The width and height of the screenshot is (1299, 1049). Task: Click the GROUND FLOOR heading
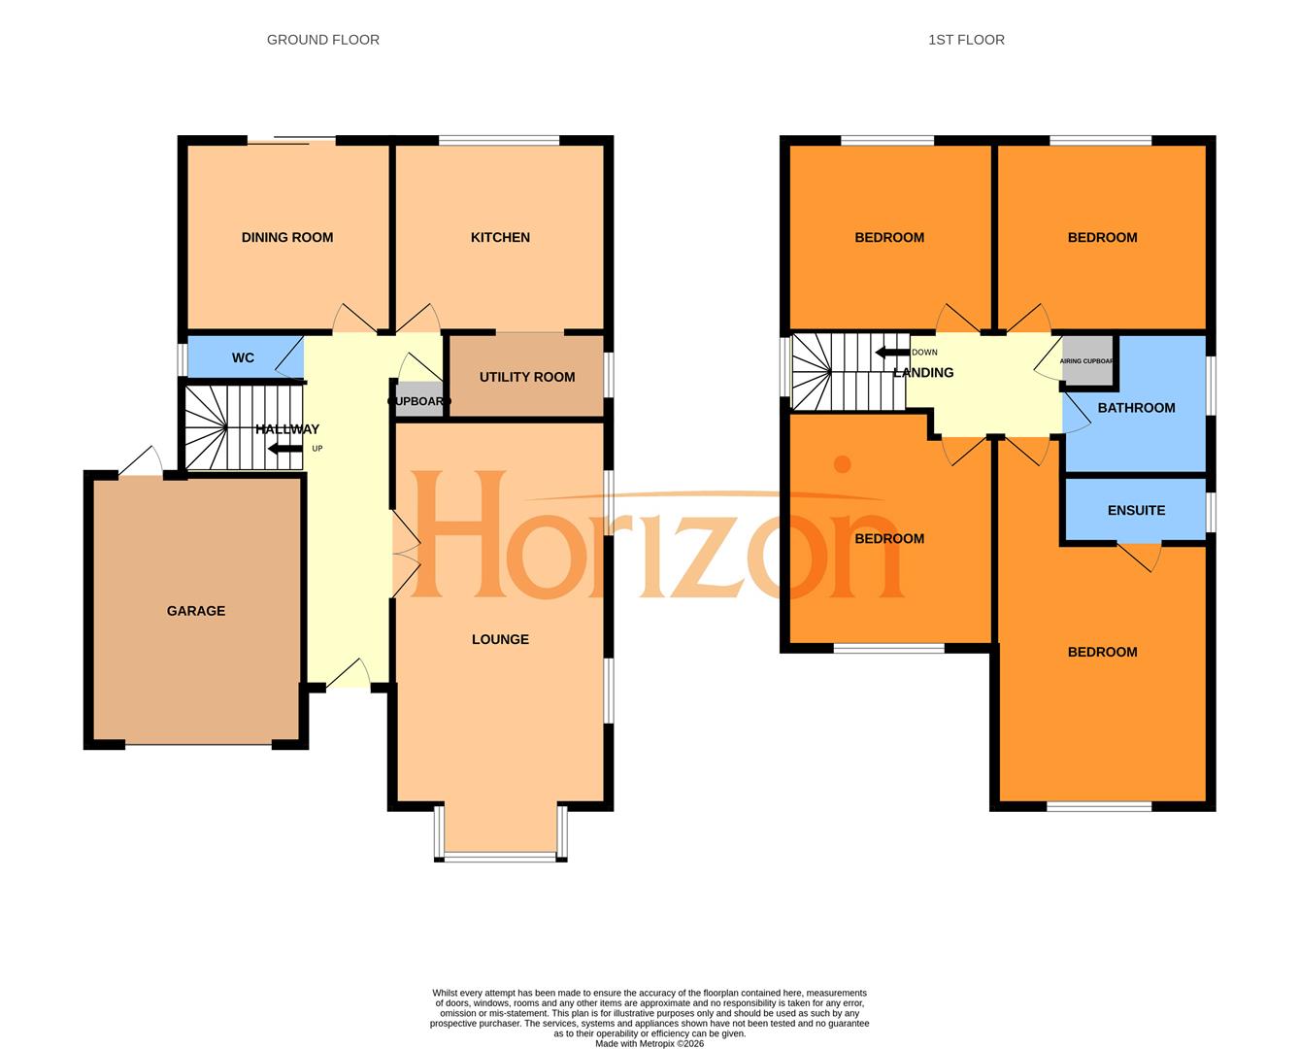point(322,40)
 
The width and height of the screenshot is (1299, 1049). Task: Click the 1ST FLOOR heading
point(965,40)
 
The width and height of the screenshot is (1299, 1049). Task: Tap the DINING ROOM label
point(286,237)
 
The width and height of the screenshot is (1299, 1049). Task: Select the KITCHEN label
point(500,237)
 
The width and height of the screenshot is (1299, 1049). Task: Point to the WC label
point(243,357)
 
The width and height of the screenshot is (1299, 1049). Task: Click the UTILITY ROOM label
point(526,377)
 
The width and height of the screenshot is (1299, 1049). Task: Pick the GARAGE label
point(195,611)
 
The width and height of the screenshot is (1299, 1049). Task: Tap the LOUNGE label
point(500,639)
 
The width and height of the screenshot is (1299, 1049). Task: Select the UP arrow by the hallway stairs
point(285,449)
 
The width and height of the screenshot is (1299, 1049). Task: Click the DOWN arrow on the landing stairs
point(892,353)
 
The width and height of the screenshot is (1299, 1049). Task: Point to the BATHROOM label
point(1136,408)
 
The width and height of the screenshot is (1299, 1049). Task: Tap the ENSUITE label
point(1136,510)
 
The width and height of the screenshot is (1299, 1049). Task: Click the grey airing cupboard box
point(1087,360)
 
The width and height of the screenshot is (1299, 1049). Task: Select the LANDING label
point(922,372)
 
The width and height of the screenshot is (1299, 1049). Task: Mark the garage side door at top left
point(141,462)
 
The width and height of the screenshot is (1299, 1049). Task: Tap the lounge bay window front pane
point(500,856)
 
